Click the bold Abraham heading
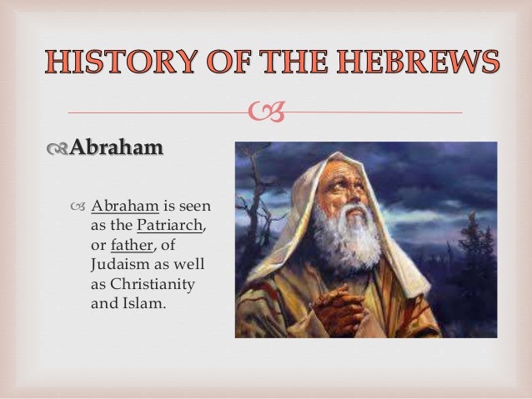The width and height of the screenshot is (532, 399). coord(116,148)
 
